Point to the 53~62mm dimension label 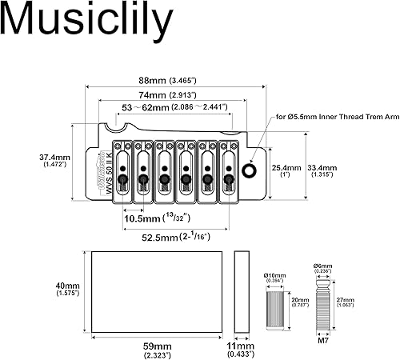click(174, 106)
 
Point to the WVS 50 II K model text click(108, 167)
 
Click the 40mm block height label click(67, 290)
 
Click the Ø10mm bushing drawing click(277, 305)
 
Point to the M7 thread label click(322, 343)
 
